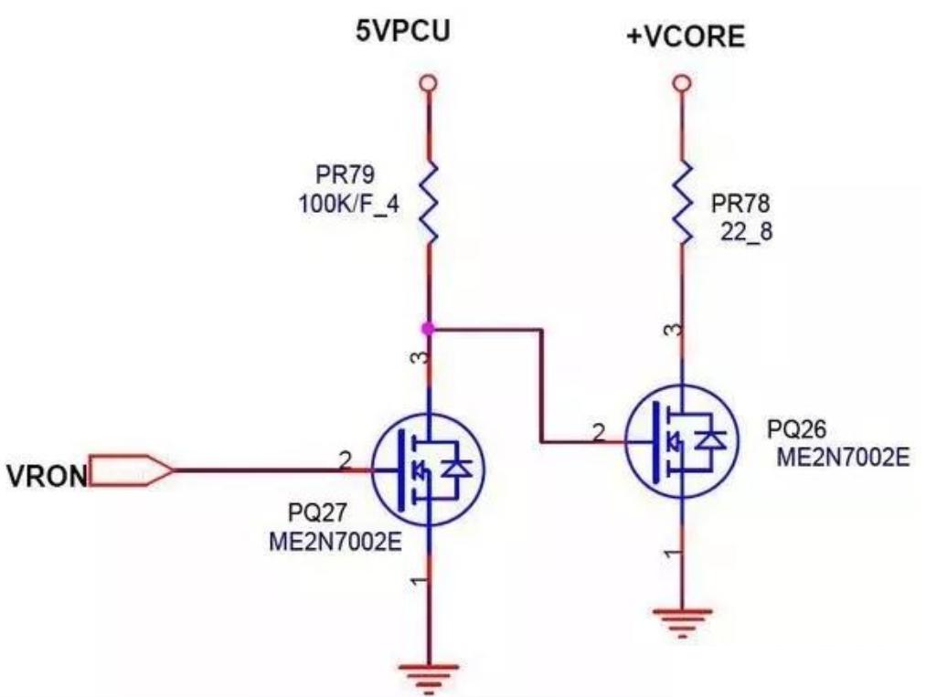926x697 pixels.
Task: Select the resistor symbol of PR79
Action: point(427,204)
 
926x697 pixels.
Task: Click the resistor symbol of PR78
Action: point(681,204)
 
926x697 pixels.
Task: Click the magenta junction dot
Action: point(427,328)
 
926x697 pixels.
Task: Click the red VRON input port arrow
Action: point(131,471)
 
